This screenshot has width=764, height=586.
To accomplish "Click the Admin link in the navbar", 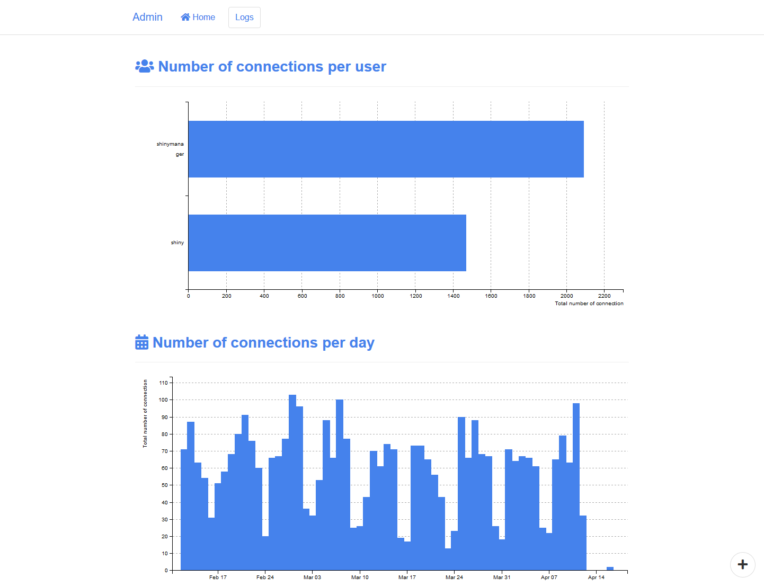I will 147,17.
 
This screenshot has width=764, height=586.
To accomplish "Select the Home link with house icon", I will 198,17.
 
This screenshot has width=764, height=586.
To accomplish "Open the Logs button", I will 244,17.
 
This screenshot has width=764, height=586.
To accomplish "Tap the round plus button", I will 742,564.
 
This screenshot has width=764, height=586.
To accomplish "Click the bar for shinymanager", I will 386,149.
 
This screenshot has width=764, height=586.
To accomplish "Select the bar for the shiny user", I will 327,243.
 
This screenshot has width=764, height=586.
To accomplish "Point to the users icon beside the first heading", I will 144,66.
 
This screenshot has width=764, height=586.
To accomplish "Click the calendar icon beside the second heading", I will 141,342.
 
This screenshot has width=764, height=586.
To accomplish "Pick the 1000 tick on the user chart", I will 378,296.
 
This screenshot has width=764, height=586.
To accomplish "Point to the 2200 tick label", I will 604,296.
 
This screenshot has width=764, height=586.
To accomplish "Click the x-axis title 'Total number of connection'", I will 589,304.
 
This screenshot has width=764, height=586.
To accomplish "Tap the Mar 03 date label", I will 312,577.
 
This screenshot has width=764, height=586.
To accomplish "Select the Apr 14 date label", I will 596,577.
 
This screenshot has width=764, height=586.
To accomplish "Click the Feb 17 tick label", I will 218,577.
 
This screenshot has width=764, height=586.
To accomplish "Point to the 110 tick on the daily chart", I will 163,383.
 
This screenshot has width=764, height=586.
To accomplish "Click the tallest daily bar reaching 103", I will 292,482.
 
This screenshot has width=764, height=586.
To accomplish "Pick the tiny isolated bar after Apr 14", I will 610,569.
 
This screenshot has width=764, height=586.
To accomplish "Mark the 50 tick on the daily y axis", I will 164,485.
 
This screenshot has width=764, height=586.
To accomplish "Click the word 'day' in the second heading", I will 362,343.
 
